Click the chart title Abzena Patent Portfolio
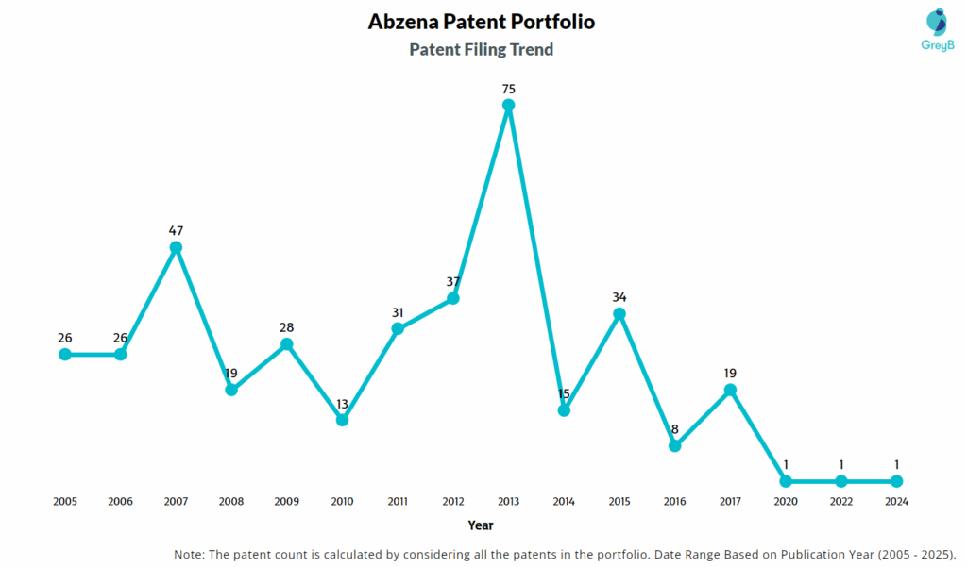point(481,22)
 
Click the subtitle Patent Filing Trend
point(481,49)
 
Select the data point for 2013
point(508,106)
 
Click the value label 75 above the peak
point(508,89)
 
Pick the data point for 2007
point(176,247)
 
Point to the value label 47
point(176,230)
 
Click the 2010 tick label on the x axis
point(342,502)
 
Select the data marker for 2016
point(674,445)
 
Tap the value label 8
point(674,428)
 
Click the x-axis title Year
point(480,525)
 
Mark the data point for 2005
point(65,354)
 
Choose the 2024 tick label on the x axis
point(896,502)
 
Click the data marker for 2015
point(619,313)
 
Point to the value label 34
point(619,296)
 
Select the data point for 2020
point(786,481)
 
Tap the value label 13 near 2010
point(342,404)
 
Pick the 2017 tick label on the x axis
point(730,502)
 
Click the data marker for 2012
point(452,298)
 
